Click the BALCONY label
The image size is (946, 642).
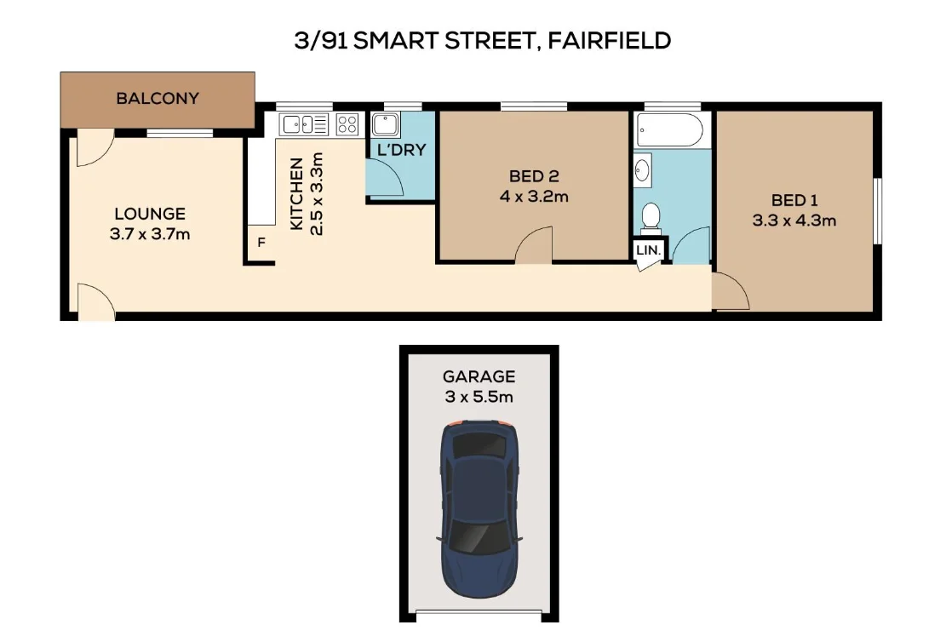158,98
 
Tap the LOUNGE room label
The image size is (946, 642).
150,214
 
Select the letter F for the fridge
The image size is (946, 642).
261,243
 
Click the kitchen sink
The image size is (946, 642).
303,124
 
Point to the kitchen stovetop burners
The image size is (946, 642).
347,124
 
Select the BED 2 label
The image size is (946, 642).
534,177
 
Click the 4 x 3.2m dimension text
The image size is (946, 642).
534,197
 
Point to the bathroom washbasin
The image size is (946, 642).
643,170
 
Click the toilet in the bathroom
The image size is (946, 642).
651,217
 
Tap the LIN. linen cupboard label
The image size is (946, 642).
648,250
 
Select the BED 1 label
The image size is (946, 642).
794,201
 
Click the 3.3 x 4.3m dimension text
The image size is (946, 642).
794,221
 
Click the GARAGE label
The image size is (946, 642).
479,376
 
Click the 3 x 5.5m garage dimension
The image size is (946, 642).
479,396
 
